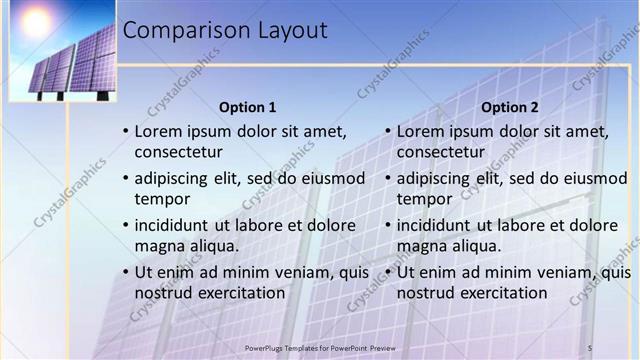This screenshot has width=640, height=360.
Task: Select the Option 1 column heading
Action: [247, 107]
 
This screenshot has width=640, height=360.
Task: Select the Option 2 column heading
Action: [509, 107]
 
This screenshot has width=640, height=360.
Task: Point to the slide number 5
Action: [590, 347]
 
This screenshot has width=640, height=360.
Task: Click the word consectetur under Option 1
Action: [179, 152]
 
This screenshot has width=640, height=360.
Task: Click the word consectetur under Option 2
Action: [441, 152]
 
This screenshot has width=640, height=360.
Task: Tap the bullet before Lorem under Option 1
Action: [125, 131]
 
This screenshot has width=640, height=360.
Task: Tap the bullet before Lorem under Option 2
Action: [387, 131]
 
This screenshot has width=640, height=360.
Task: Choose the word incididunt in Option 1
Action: [176, 225]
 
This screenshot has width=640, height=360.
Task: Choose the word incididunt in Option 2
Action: [438, 225]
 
